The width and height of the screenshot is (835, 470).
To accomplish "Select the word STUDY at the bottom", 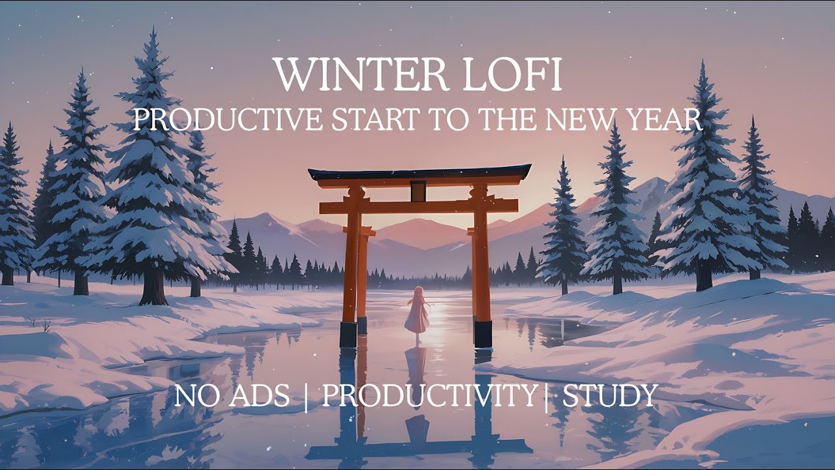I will tap(610, 396).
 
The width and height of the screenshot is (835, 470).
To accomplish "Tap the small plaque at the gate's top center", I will tap(418, 191).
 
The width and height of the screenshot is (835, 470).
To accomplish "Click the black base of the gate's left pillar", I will tap(348, 334).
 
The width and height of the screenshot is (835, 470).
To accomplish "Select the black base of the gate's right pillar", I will tap(483, 334).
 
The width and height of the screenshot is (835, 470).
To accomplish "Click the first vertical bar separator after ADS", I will tap(306, 397).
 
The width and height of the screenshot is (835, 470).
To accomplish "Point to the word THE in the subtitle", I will tap(508, 120).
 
